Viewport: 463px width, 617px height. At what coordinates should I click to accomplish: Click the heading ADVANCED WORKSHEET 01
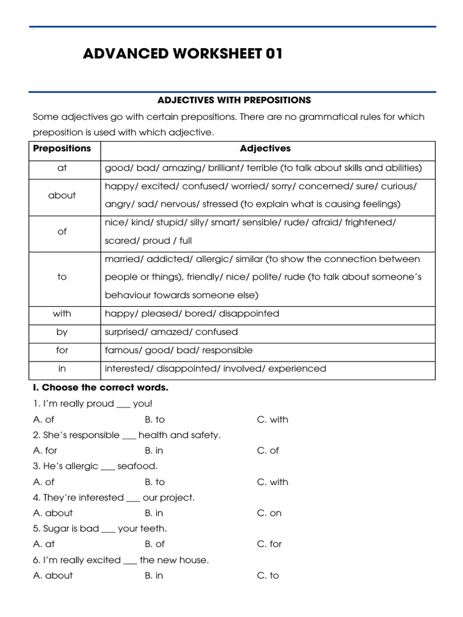pos(183,54)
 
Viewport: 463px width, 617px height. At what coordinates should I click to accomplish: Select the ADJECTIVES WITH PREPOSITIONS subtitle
pos(234,100)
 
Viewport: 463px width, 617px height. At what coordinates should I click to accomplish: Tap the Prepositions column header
pos(62,148)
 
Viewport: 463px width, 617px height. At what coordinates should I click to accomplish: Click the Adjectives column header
pos(265,148)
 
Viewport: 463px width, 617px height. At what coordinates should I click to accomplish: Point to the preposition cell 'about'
pos(62,195)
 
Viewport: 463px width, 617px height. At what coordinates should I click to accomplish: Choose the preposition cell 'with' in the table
pos(62,313)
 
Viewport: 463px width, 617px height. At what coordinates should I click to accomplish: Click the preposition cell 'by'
pos(62,332)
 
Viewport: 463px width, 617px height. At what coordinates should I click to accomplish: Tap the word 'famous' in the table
pos(121,350)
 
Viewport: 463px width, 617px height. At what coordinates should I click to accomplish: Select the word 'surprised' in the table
pos(125,332)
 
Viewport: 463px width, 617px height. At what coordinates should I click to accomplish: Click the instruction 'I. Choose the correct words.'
pos(101,387)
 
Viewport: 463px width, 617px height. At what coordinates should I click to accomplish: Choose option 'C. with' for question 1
pos(272,419)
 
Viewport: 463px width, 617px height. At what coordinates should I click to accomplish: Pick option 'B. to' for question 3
pos(155,482)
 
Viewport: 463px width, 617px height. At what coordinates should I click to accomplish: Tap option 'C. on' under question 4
pos(269,513)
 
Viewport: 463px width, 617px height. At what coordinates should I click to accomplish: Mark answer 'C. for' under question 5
pos(269,544)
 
